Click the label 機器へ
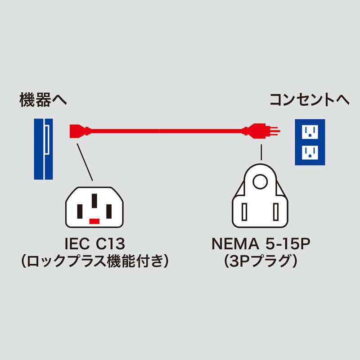click(x=43, y=100)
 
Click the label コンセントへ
click(x=309, y=100)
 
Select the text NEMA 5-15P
click(x=262, y=245)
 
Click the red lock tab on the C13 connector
click(x=94, y=221)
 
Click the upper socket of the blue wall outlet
click(x=310, y=131)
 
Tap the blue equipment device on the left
click(x=43, y=149)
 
